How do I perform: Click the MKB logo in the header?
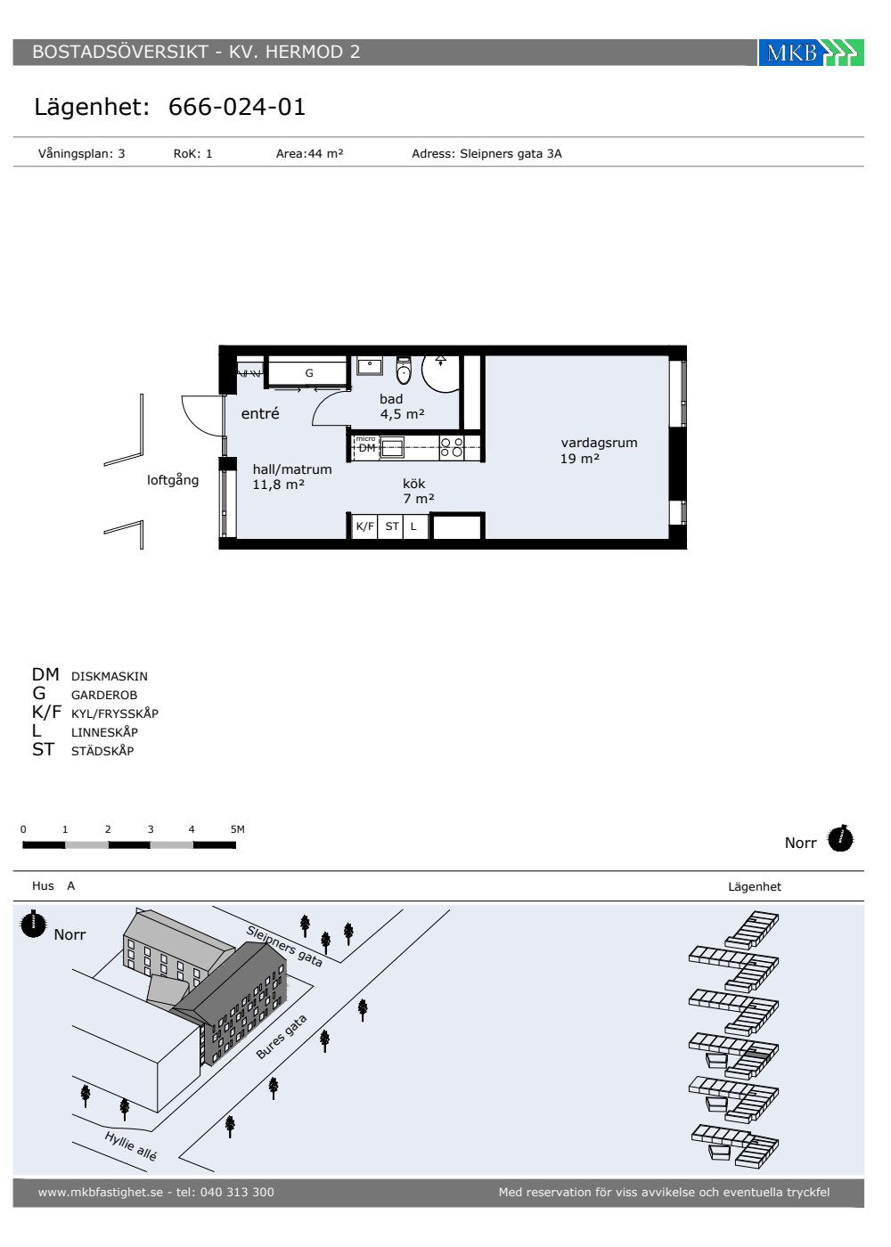click(811, 53)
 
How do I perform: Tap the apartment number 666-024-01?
click(237, 107)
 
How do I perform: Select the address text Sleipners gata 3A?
click(511, 153)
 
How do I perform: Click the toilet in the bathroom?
click(404, 371)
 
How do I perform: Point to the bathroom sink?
click(369, 366)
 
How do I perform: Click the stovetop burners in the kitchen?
click(452, 447)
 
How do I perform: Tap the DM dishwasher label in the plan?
click(366, 448)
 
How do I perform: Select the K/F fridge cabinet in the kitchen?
click(364, 526)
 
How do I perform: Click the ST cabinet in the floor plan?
click(392, 526)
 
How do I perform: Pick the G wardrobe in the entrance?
click(309, 372)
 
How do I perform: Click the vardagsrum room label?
click(599, 444)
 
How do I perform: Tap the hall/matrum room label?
click(292, 469)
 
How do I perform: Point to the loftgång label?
click(173, 480)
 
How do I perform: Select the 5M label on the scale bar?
click(238, 829)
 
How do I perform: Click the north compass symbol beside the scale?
click(840, 838)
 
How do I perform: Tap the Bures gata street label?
click(282, 1037)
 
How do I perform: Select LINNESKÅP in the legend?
click(105, 732)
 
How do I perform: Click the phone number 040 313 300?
click(237, 1192)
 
